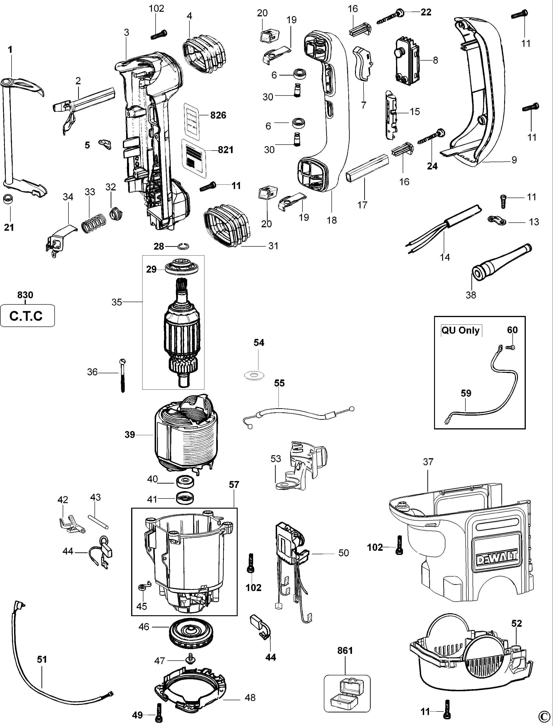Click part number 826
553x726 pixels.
(218, 115)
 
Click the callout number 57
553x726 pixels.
(234, 485)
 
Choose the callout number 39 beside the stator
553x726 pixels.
(130, 435)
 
